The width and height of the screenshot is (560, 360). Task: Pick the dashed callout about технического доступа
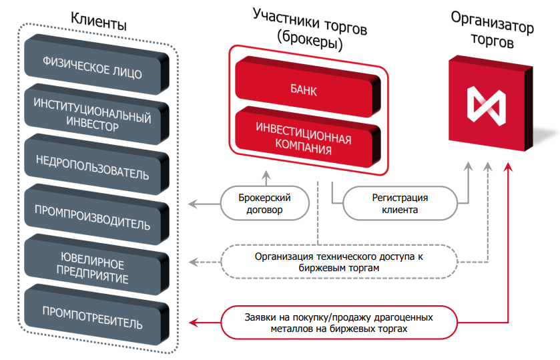tap(339, 261)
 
